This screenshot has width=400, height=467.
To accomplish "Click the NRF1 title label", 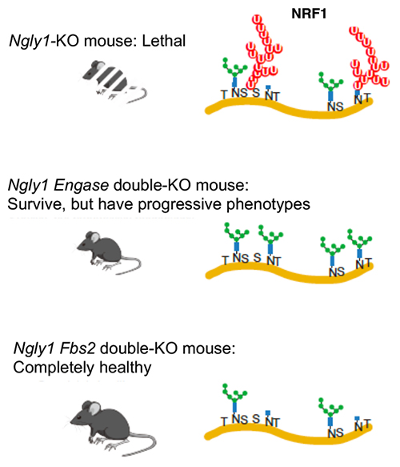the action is tap(309, 14).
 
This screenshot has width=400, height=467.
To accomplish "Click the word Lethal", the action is tap(164, 41).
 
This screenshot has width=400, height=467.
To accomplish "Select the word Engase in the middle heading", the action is tap(81, 186).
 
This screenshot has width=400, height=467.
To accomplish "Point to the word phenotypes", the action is tap(268, 205).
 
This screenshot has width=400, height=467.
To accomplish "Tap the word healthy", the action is tap(126, 368).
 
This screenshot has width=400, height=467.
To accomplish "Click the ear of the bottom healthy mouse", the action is tap(94, 409).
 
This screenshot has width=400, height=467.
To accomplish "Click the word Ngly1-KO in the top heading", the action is tap(44, 42).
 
